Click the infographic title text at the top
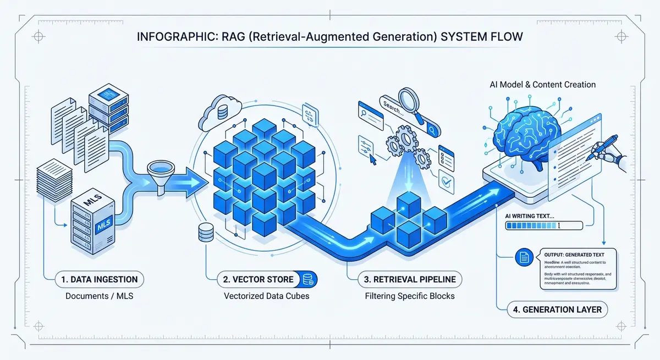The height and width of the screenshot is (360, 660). [330, 41]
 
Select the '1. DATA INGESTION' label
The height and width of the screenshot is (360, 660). [100, 279]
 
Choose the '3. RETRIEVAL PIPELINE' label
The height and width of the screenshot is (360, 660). [410, 279]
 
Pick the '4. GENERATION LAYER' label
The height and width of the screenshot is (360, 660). [557, 309]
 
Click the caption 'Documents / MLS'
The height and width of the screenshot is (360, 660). [100, 297]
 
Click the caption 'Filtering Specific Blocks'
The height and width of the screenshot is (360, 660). [410, 297]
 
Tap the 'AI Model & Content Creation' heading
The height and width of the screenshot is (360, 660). [543, 85]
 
